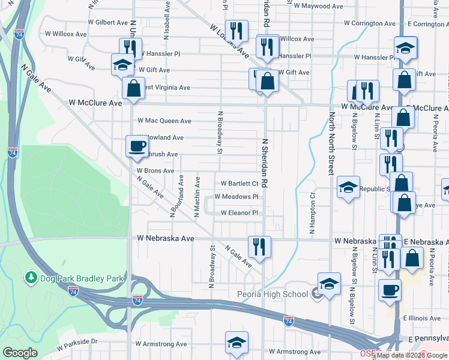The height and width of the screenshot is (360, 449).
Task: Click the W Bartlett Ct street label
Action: (240, 184)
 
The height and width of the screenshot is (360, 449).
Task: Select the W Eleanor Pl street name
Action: (240, 213)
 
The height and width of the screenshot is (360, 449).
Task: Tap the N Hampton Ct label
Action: (312, 213)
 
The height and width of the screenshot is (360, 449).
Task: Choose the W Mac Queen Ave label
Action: (164, 121)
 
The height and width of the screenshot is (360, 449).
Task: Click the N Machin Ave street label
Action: (197, 196)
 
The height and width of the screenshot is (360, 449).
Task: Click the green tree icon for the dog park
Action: (30, 278)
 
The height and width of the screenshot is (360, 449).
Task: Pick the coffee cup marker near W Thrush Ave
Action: (136, 146)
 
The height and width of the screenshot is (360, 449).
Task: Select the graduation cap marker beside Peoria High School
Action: (328, 284)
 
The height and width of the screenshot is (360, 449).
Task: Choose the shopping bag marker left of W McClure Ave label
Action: (133, 88)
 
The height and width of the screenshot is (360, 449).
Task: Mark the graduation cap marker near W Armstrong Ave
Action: (237, 343)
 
